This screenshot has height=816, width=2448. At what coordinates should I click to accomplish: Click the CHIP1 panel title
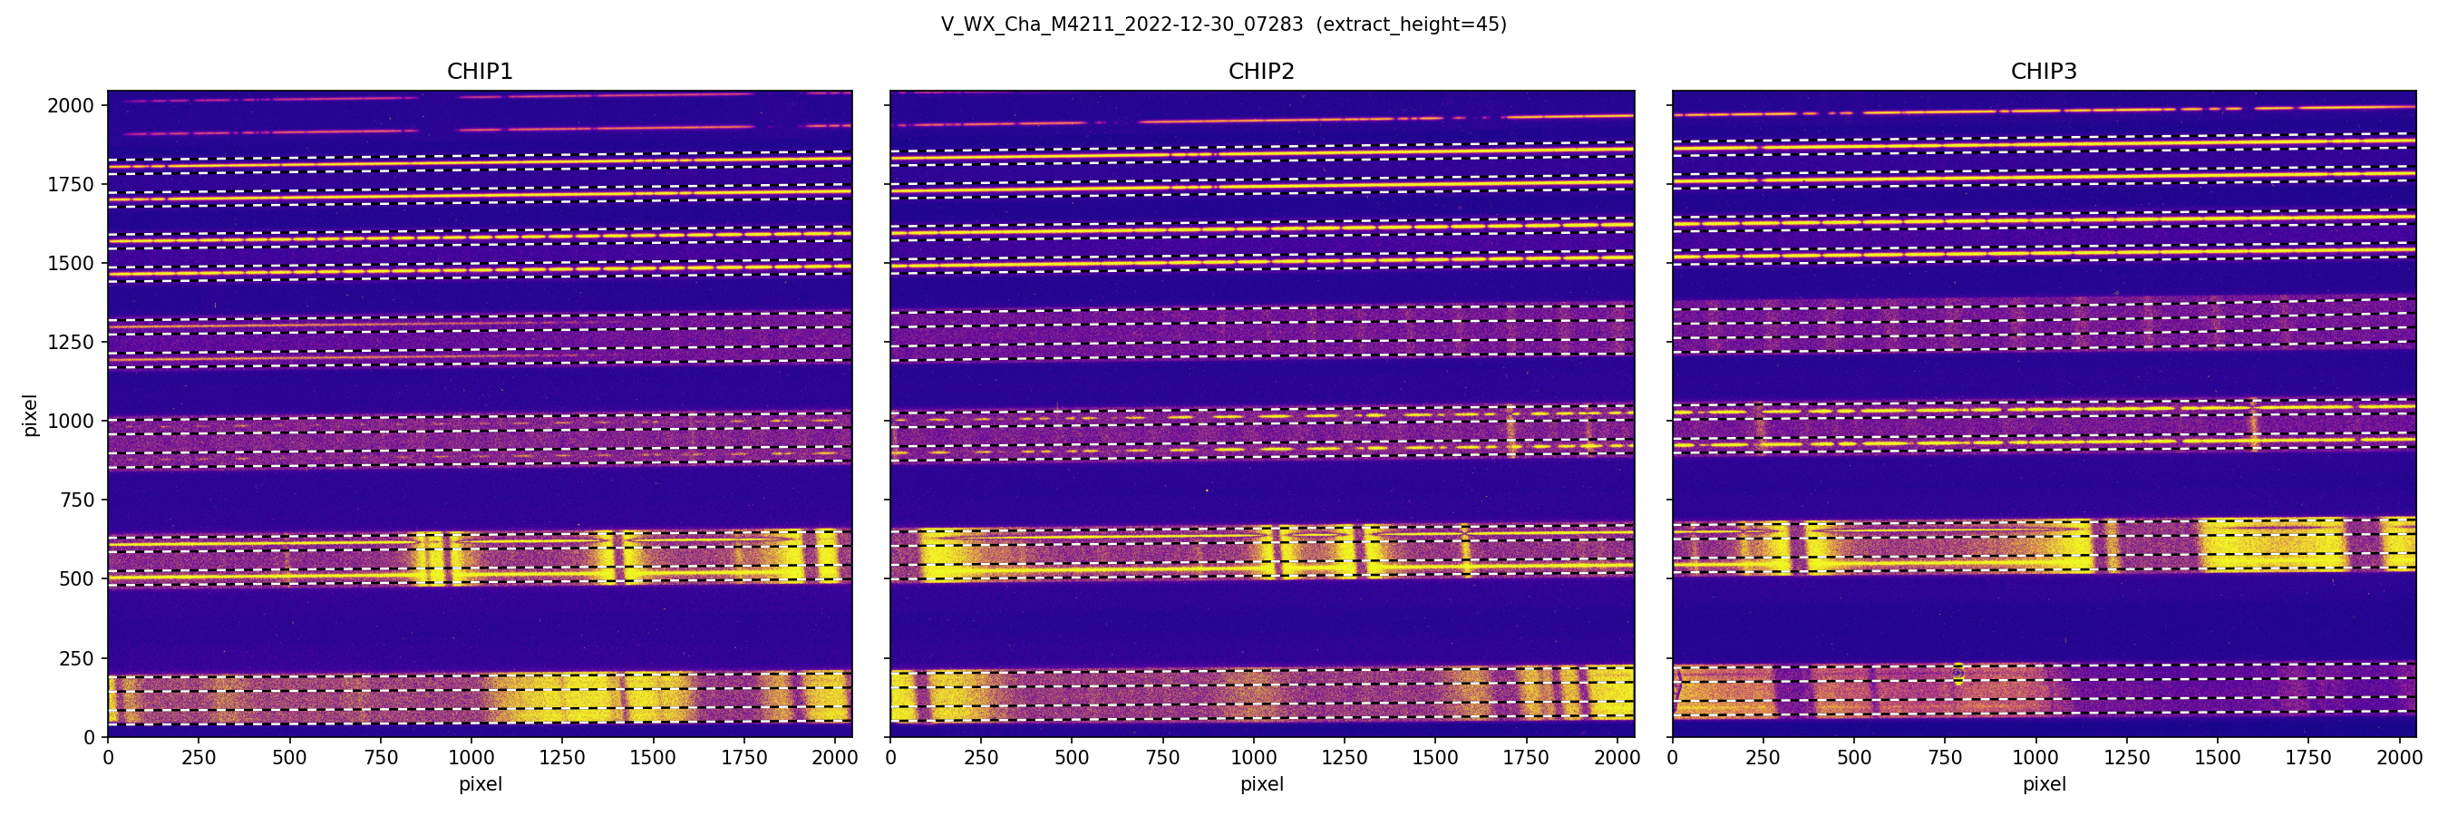(480, 72)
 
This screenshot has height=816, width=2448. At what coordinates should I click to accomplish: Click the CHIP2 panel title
(1261, 72)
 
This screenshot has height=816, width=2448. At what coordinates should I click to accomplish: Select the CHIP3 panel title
(2043, 72)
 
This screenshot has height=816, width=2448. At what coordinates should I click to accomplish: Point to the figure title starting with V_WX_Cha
(1122, 24)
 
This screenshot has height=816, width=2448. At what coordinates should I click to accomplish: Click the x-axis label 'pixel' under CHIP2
(1261, 784)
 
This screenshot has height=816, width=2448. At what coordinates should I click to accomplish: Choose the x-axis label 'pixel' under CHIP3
(2043, 784)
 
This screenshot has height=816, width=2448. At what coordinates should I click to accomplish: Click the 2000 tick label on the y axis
(72, 105)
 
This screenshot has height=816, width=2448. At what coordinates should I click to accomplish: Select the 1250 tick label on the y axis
(72, 342)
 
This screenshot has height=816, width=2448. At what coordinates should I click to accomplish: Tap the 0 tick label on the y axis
(90, 737)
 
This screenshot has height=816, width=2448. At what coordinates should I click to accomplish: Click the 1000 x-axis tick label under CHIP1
(471, 758)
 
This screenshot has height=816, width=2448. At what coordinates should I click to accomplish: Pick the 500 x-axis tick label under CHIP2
(1072, 758)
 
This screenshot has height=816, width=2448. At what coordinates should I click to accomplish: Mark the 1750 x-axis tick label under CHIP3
(2308, 758)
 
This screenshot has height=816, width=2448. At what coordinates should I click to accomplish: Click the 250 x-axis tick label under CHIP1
(199, 758)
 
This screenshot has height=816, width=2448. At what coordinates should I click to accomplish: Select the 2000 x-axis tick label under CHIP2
(1617, 758)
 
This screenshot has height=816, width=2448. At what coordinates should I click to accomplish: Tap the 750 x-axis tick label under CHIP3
(1944, 758)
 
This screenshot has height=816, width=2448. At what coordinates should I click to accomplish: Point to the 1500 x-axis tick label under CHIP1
(653, 758)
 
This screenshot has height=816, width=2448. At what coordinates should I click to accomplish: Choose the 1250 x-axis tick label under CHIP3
(2127, 758)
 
